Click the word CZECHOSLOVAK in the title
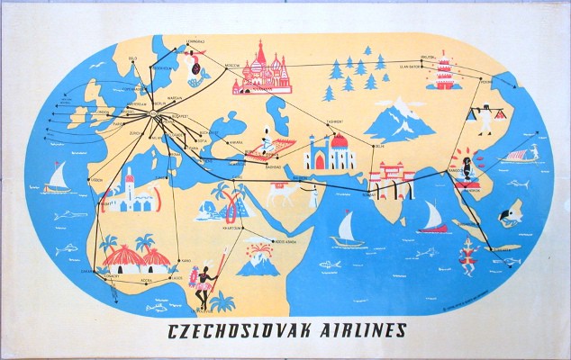(231, 330)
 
